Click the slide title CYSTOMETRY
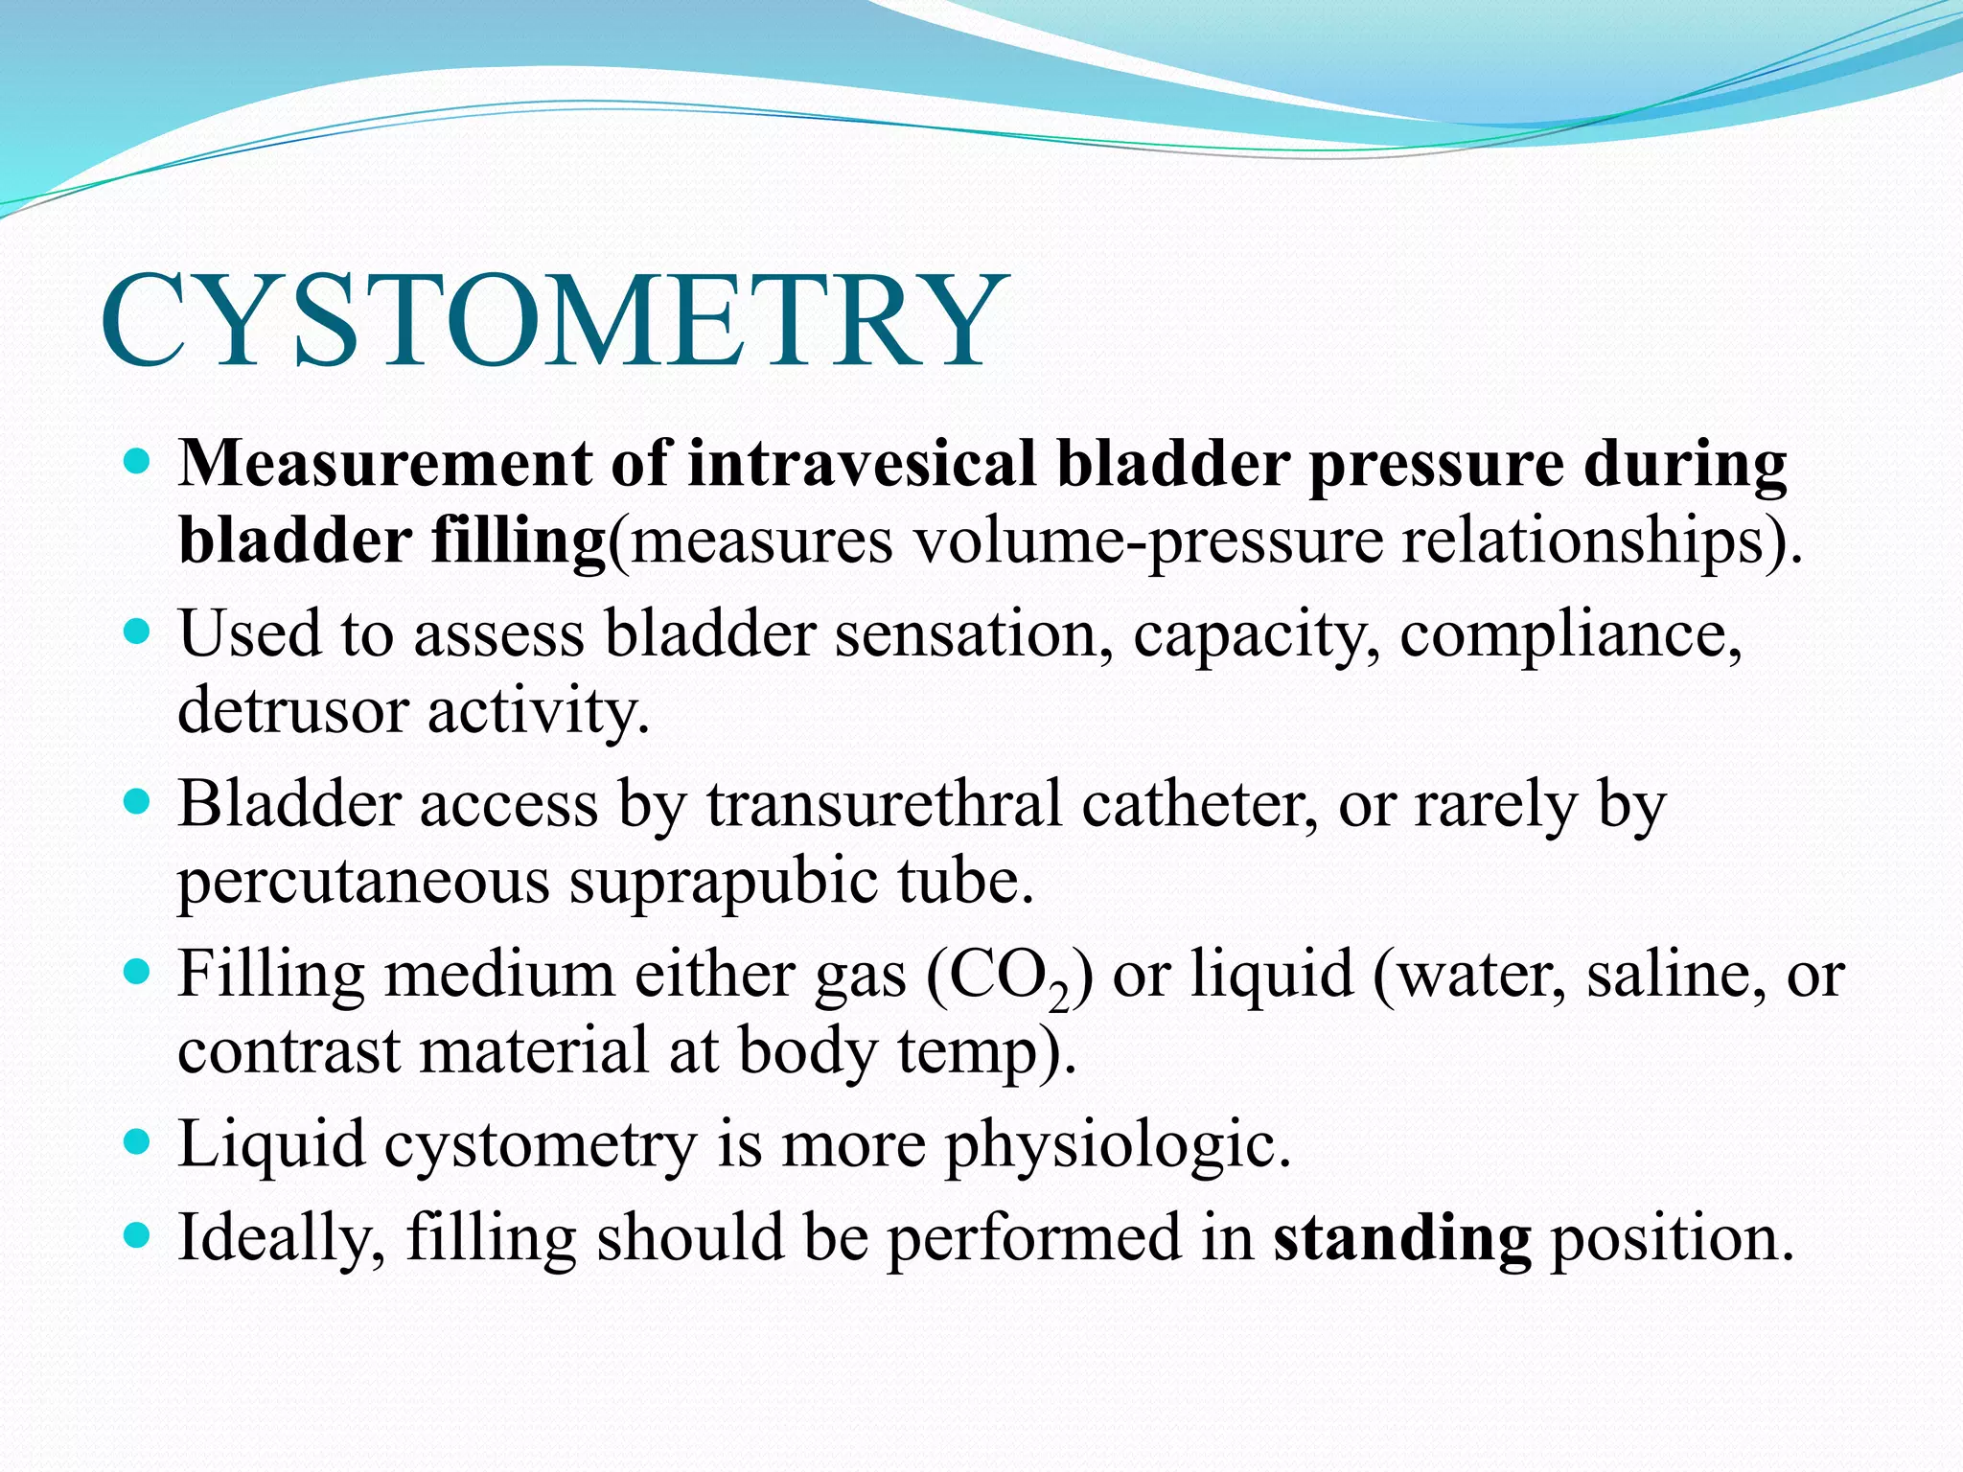553,321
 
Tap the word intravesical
861,465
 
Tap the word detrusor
292,711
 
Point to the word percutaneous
363,882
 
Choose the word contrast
289,1051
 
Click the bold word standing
1401,1238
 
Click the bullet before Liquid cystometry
139,1141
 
